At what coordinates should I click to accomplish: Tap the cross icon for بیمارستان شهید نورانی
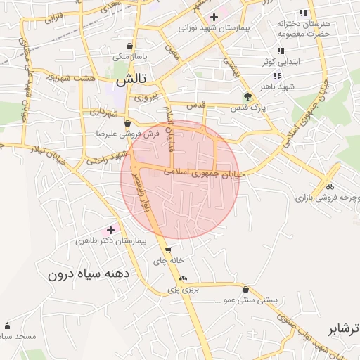tap(214, 15)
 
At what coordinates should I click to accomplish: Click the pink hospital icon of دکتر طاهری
tap(110, 229)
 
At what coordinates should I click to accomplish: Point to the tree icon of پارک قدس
tap(247, 96)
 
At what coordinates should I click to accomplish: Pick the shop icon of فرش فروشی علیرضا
tap(127, 122)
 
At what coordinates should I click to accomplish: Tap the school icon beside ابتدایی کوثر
tap(281, 51)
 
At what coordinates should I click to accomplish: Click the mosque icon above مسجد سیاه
tap(7, 326)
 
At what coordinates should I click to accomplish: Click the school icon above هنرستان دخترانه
tap(303, 13)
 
